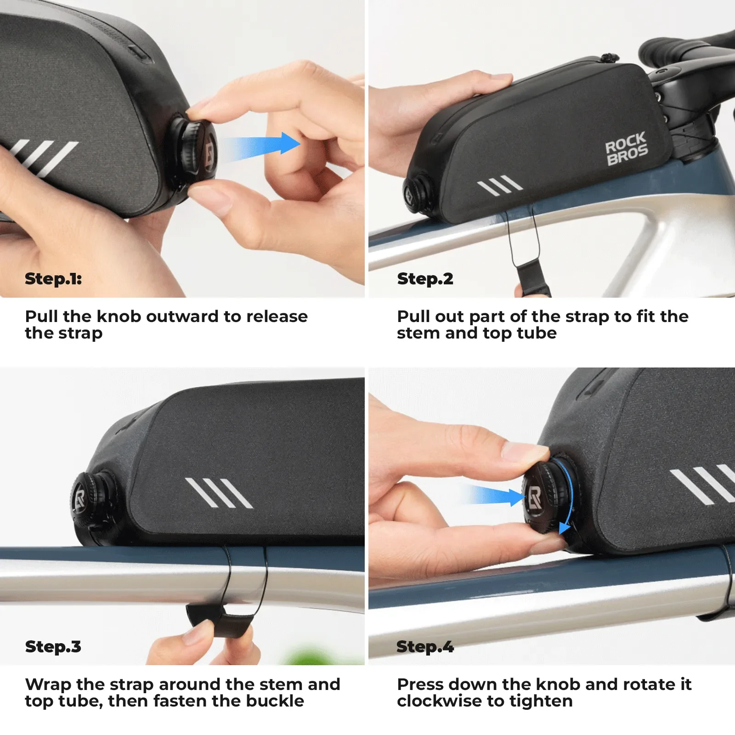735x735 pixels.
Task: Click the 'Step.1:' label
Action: [53, 278]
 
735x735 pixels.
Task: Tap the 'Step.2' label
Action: [425, 278]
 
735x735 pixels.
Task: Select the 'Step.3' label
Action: [53, 646]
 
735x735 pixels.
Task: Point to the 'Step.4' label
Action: [425, 646]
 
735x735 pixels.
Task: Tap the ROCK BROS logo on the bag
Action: [627, 148]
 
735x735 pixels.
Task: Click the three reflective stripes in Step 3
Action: [219, 492]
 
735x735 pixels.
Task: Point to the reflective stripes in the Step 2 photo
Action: [500, 185]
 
